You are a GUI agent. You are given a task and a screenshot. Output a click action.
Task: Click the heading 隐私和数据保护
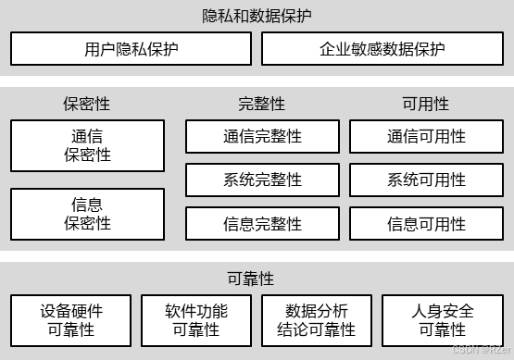click(257, 16)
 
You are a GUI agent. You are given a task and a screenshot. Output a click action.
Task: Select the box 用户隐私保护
click(130, 49)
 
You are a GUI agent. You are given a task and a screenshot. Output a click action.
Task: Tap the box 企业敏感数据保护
click(382, 49)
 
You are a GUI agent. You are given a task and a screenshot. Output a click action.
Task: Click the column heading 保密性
click(87, 104)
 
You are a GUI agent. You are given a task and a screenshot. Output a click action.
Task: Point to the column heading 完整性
click(262, 104)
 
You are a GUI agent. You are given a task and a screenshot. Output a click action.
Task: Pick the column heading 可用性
click(426, 104)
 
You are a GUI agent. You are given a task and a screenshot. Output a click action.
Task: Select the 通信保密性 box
click(87, 145)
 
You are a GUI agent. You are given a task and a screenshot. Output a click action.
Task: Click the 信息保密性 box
click(87, 214)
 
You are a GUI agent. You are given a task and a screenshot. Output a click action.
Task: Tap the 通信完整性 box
click(262, 137)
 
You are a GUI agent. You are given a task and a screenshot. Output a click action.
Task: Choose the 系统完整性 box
click(262, 180)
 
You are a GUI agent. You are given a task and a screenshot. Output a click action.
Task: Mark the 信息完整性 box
click(262, 223)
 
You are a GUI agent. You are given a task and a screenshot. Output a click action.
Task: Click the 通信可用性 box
click(426, 137)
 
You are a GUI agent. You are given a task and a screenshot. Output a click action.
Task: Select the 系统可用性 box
click(426, 180)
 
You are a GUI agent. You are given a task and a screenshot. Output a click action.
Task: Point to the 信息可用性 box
click(426, 223)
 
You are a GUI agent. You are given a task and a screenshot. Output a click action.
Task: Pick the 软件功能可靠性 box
click(195, 319)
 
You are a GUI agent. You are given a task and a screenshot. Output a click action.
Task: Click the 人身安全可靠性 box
click(442, 319)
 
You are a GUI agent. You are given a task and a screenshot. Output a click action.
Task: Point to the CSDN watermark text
click(476, 348)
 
